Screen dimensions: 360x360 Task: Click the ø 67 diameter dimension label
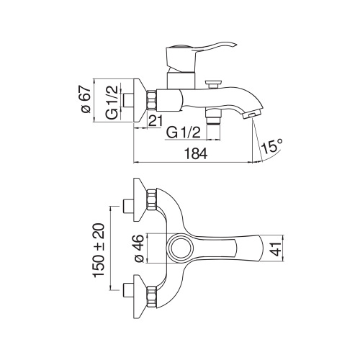tap(86, 100)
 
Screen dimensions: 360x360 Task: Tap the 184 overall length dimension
tap(196, 153)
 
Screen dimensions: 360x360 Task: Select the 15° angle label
tap(272, 146)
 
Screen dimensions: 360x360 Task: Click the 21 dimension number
tap(156, 120)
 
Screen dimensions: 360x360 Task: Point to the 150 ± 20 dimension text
tap(99, 251)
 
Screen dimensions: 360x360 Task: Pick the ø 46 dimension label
tap(139, 248)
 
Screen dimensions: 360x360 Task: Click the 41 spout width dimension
tap(277, 249)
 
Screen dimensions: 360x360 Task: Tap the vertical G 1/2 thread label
tap(112, 102)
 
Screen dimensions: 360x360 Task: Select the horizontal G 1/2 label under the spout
tap(184, 132)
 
